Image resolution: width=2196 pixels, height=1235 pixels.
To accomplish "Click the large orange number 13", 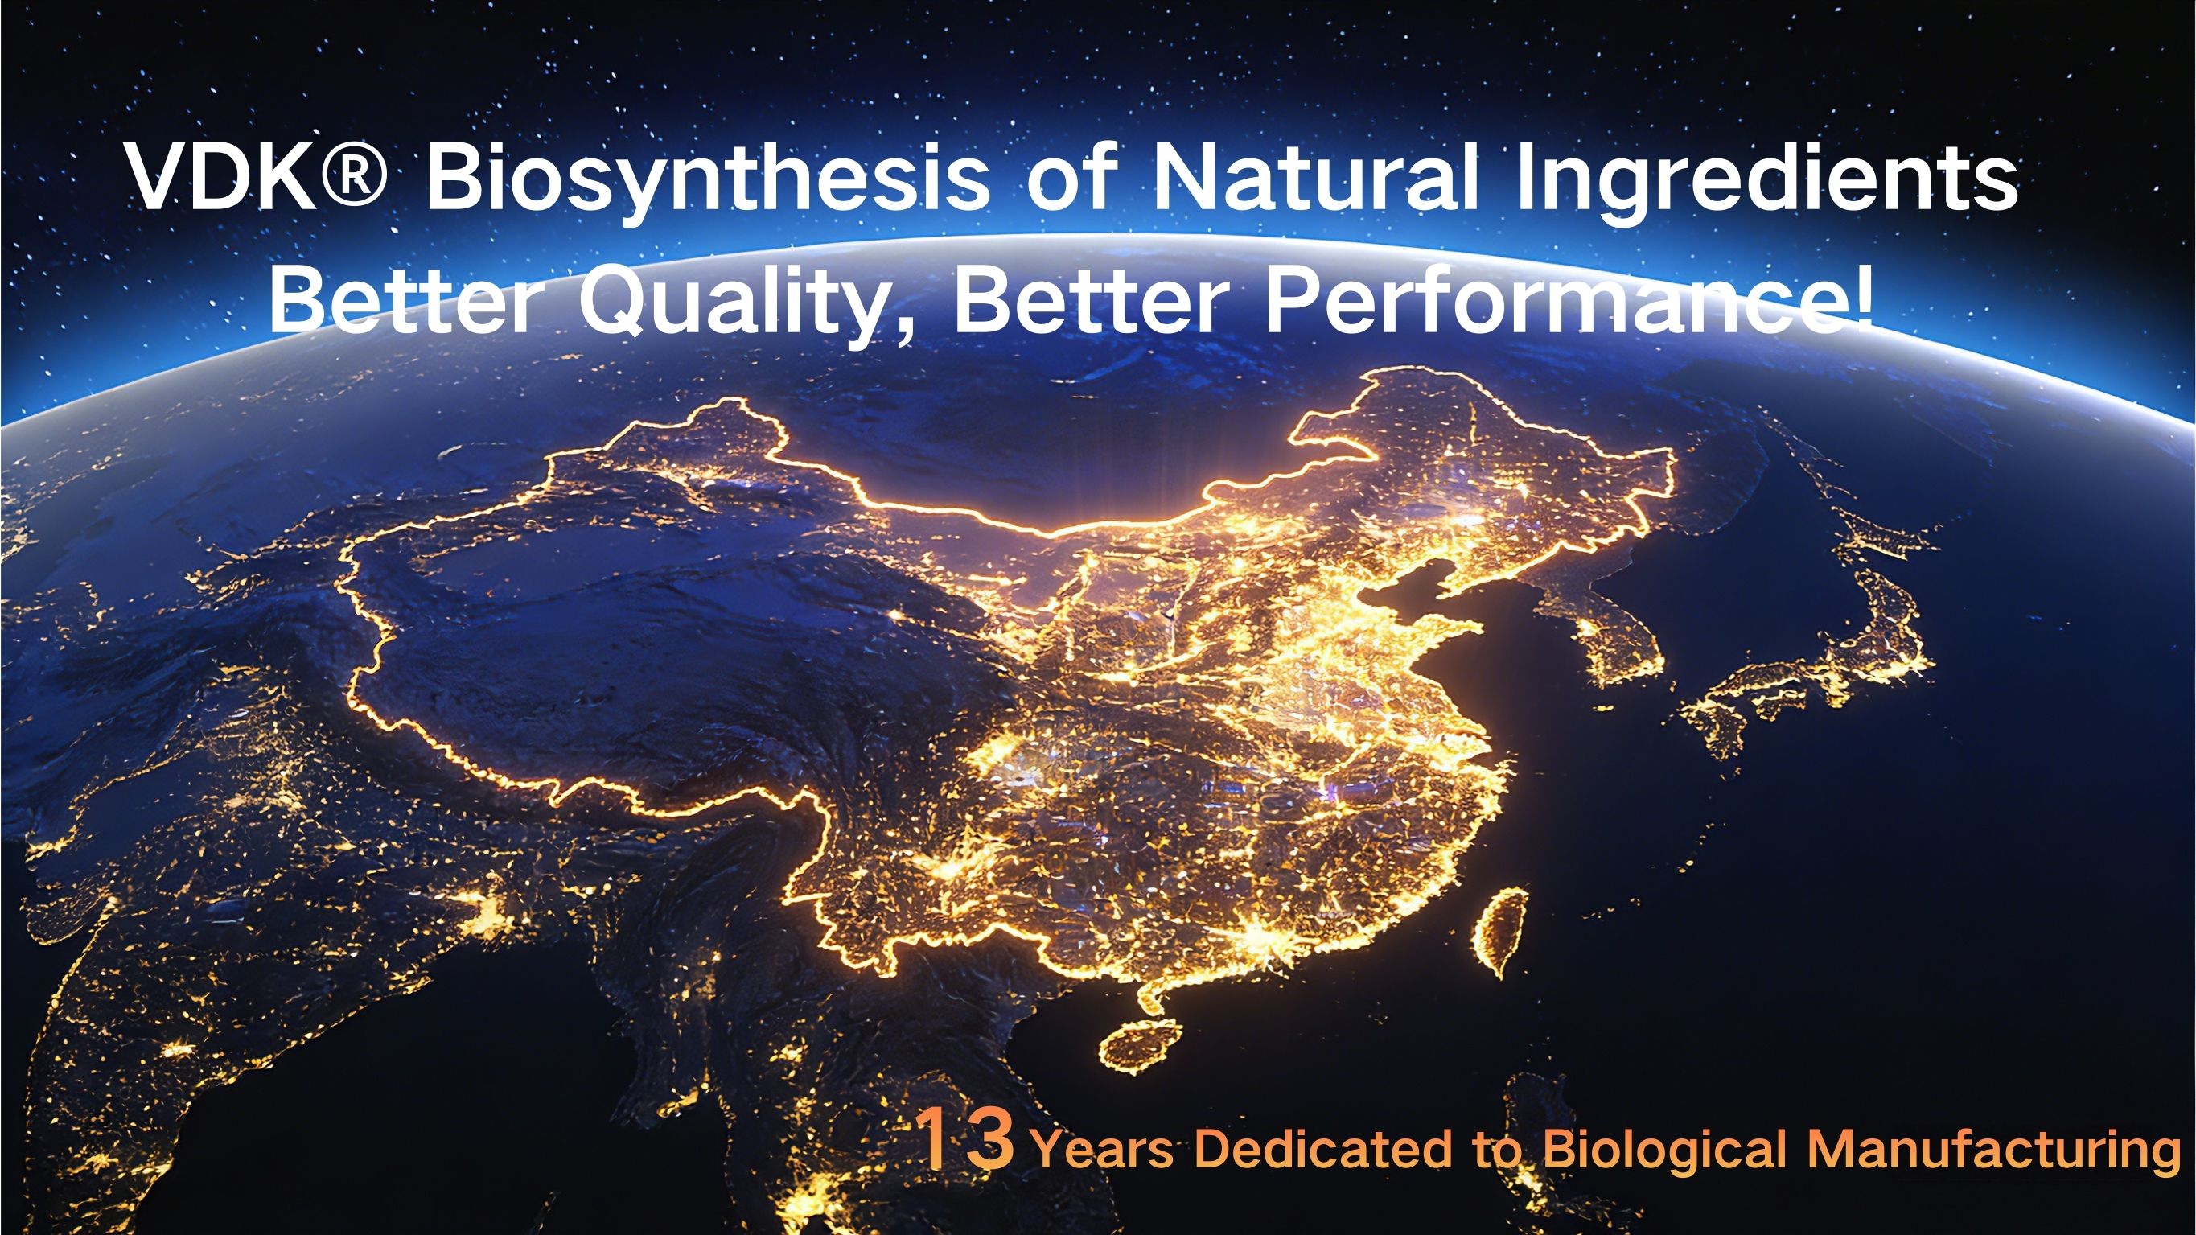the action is [966, 1138].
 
